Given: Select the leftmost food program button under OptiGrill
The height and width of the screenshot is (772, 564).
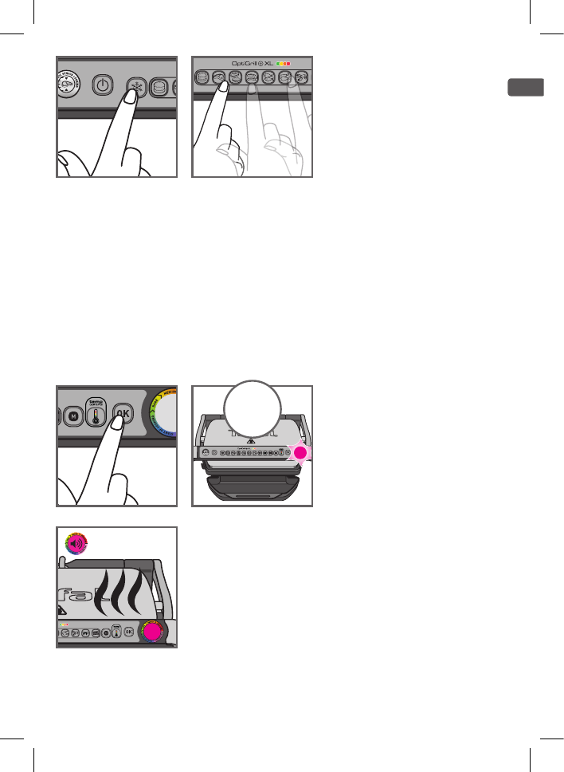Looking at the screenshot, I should point(203,77).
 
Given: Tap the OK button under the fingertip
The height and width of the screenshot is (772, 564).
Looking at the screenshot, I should point(122,413).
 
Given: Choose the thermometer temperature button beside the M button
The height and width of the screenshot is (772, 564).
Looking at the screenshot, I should point(95,412).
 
